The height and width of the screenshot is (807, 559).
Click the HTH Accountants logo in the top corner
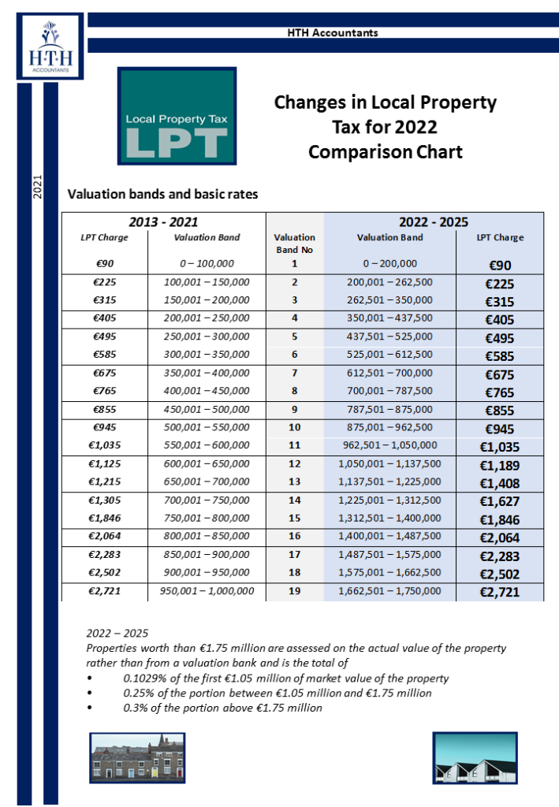[x=50, y=46]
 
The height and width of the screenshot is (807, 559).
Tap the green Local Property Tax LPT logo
[x=177, y=116]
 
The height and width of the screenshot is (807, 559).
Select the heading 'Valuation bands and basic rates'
[x=163, y=194]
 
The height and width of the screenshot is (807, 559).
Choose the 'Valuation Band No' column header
[x=294, y=243]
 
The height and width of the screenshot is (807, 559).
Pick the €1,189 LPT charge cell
[x=499, y=465]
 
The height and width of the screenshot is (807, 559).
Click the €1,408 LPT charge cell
[x=499, y=483]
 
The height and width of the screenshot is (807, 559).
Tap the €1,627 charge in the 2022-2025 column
[x=499, y=502]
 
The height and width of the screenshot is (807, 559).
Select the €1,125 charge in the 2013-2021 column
[x=104, y=463]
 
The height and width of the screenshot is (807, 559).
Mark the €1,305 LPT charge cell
[x=104, y=500]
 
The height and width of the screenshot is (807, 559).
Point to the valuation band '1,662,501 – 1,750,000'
[x=389, y=590]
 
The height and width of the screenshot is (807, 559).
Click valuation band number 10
[x=294, y=427]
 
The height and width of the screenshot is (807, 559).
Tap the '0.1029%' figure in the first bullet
[x=143, y=678]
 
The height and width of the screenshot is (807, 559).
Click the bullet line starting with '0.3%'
[x=222, y=708]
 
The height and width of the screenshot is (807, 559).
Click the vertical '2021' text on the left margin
[x=36, y=186]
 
